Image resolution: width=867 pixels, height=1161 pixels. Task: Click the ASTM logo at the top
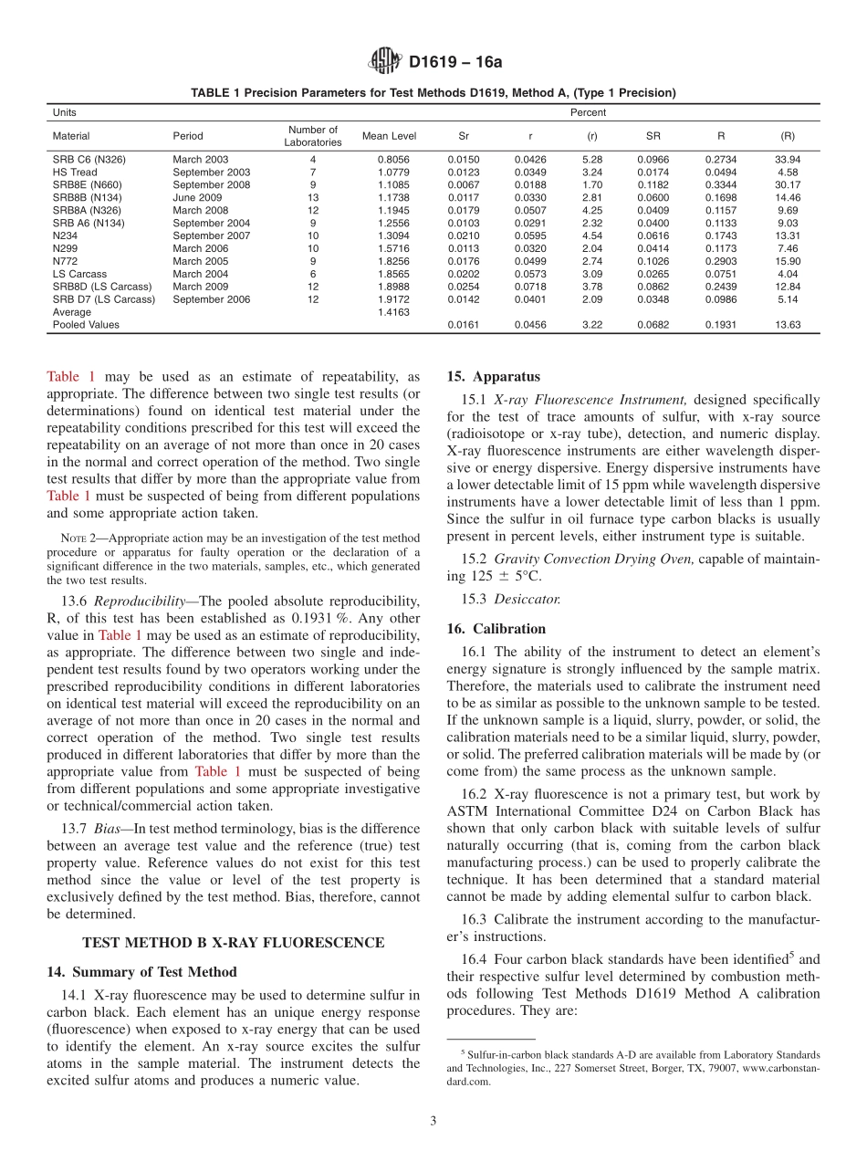pyautogui.click(x=385, y=62)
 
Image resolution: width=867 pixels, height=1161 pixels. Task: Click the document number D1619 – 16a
pyautogui.click(x=455, y=63)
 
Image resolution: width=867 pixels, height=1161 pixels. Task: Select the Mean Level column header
pyautogui.click(x=389, y=136)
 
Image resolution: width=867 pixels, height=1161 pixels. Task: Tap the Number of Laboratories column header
pyautogui.click(x=313, y=136)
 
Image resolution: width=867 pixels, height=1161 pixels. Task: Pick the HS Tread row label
pyautogui.click(x=75, y=172)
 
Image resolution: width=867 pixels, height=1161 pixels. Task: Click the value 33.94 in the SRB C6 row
pyautogui.click(x=788, y=159)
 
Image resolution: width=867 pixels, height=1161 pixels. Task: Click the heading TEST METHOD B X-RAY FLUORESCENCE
pyautogui.click(x=233, y=942)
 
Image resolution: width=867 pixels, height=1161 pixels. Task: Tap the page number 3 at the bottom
pyautogui.click(x=433, y=1122)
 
